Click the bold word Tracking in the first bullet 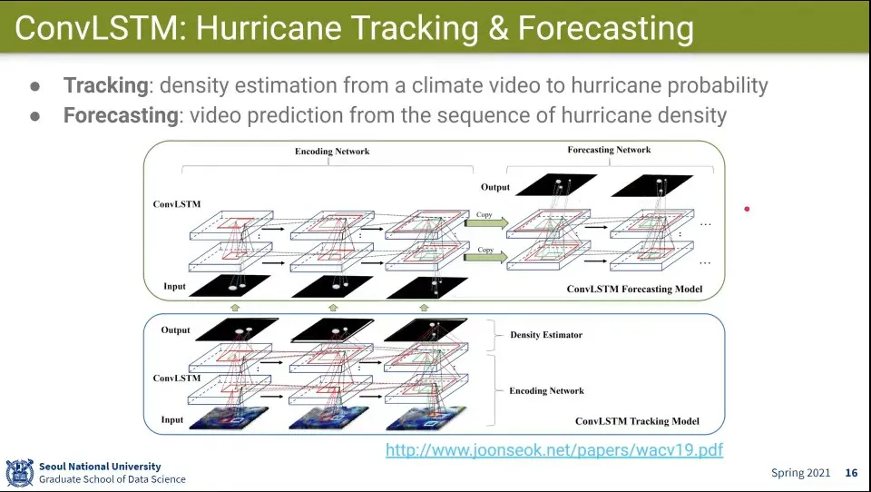click(x=105, y=85)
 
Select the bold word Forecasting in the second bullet click(x=121, y=115)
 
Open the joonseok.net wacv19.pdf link click(x=554, y=449)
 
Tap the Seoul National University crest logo click(x=19, y=473)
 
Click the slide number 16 click(x=852, y=473)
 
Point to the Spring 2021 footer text click(x=800, y=473)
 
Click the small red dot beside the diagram click(x=747, y=209)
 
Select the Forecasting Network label click(x=609, y=150)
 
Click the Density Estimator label click(x=546, y=335)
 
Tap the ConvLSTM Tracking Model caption click(x=637, y=421)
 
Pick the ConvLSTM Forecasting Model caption click(x=634, y=289)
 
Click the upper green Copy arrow click(x=486, y=223)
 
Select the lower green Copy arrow click(x=486, y=257)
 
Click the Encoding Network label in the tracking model click(x=546, y=391)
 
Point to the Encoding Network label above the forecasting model click(x=332, y=152)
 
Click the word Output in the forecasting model click(x=495, y=187)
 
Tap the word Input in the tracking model click(x=172, y=419)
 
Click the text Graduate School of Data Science click(x=113, y=479)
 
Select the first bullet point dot click(x=35, y=87)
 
